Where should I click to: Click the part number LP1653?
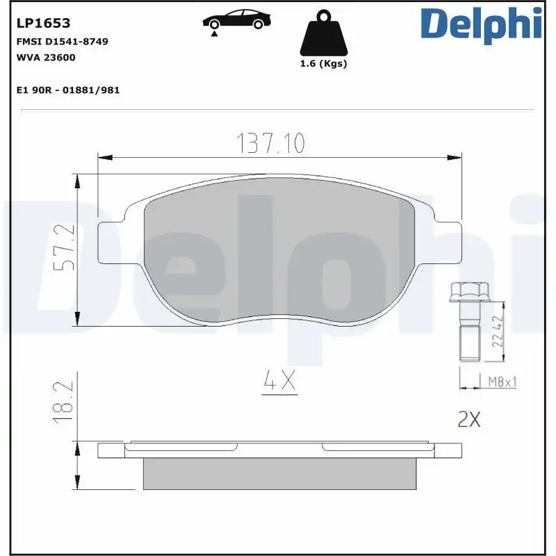point(42,24)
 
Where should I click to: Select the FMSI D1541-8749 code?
point(61,42)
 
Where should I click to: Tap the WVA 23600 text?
point(45,58)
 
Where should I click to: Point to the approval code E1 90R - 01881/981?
point(67,90)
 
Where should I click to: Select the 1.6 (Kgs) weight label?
point(323,64)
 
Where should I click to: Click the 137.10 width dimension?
point(271,143)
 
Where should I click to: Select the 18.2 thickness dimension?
point(64,403)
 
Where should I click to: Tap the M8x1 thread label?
point(500,382)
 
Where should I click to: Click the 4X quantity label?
point(279,380)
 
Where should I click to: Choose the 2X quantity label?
point(469,419)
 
